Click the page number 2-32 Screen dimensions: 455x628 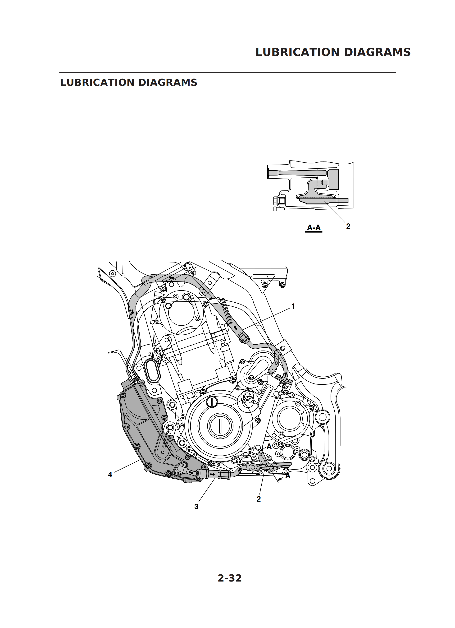click(x=229, y=578)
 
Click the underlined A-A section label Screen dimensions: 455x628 click(x=314, y=228)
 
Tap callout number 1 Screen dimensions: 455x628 click(x=293, y=306)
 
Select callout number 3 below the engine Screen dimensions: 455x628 click(x=196, y=506)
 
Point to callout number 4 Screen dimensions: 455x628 click(x=110, y=475)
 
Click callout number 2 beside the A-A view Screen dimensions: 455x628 click(x=348, y=226)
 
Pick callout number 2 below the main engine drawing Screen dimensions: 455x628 click(x=259, y=499)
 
